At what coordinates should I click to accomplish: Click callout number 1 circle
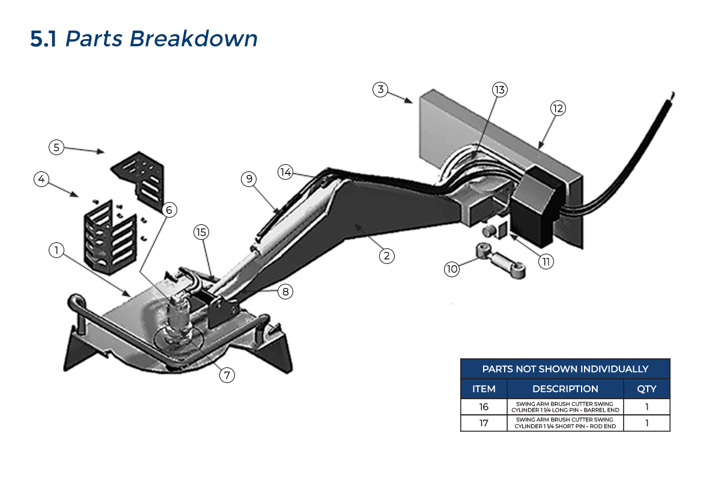56,251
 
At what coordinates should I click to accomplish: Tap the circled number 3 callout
379,90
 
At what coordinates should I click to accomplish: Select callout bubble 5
56,147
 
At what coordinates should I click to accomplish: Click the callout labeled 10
452,269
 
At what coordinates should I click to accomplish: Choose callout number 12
558,108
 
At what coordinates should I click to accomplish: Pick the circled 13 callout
500,90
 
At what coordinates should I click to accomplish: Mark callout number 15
201,231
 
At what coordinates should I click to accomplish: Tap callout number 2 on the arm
386,256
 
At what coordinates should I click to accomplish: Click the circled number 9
249,179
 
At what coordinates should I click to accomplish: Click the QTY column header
646,388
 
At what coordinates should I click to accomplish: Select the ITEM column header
484,388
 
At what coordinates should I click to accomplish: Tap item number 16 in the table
484,407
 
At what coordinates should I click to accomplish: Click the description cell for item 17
565,423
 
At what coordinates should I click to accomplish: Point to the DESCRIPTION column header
565,388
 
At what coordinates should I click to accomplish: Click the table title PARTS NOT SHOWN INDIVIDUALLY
565,369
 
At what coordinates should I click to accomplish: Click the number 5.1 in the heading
44,39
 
